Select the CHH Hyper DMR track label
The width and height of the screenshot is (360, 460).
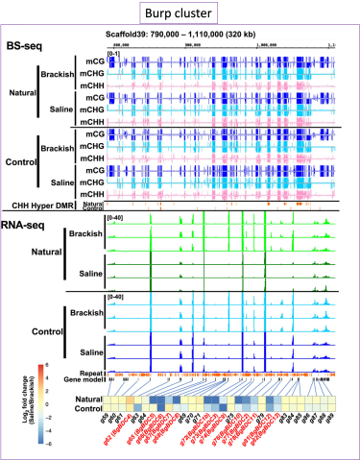click(x=38, y=204)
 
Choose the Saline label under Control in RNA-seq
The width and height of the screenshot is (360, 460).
click(x=89, y=352)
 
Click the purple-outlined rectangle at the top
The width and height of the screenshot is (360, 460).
click(x=180, y=12)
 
